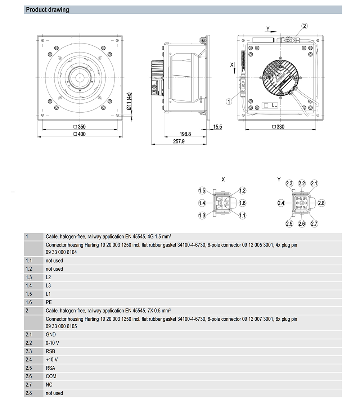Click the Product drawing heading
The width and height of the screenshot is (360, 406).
[x=48, y=10]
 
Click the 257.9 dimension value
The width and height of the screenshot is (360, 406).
[x=179, y=141]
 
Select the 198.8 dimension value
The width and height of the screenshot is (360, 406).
[x=185, y=134]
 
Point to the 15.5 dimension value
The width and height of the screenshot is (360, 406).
[x=218, y=127]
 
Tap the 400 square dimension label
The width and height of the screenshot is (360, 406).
[x=80, y=134]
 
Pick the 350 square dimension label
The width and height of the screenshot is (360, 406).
[x=80, y=127]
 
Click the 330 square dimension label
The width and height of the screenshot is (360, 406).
[x=279, y=127]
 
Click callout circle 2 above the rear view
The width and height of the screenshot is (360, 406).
[x=305, y=26]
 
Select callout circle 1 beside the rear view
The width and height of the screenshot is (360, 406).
[x=229, y=101]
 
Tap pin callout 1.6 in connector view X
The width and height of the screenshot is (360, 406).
[x=242, y=203]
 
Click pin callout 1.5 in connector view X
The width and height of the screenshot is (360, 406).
[x=202, y=191]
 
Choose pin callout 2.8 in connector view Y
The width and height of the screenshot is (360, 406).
[x=321, y=203]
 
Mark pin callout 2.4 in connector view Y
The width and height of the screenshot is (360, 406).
[x=281, y=203]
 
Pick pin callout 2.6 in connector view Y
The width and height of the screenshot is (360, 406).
[x=302, y=224]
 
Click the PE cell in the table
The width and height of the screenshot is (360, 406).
[x=49, y=302]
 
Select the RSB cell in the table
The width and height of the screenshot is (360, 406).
[x=50, y=351]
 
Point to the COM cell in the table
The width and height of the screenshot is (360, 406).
[x=51, y=376]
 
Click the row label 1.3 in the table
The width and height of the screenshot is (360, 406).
[x=29, y=277]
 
